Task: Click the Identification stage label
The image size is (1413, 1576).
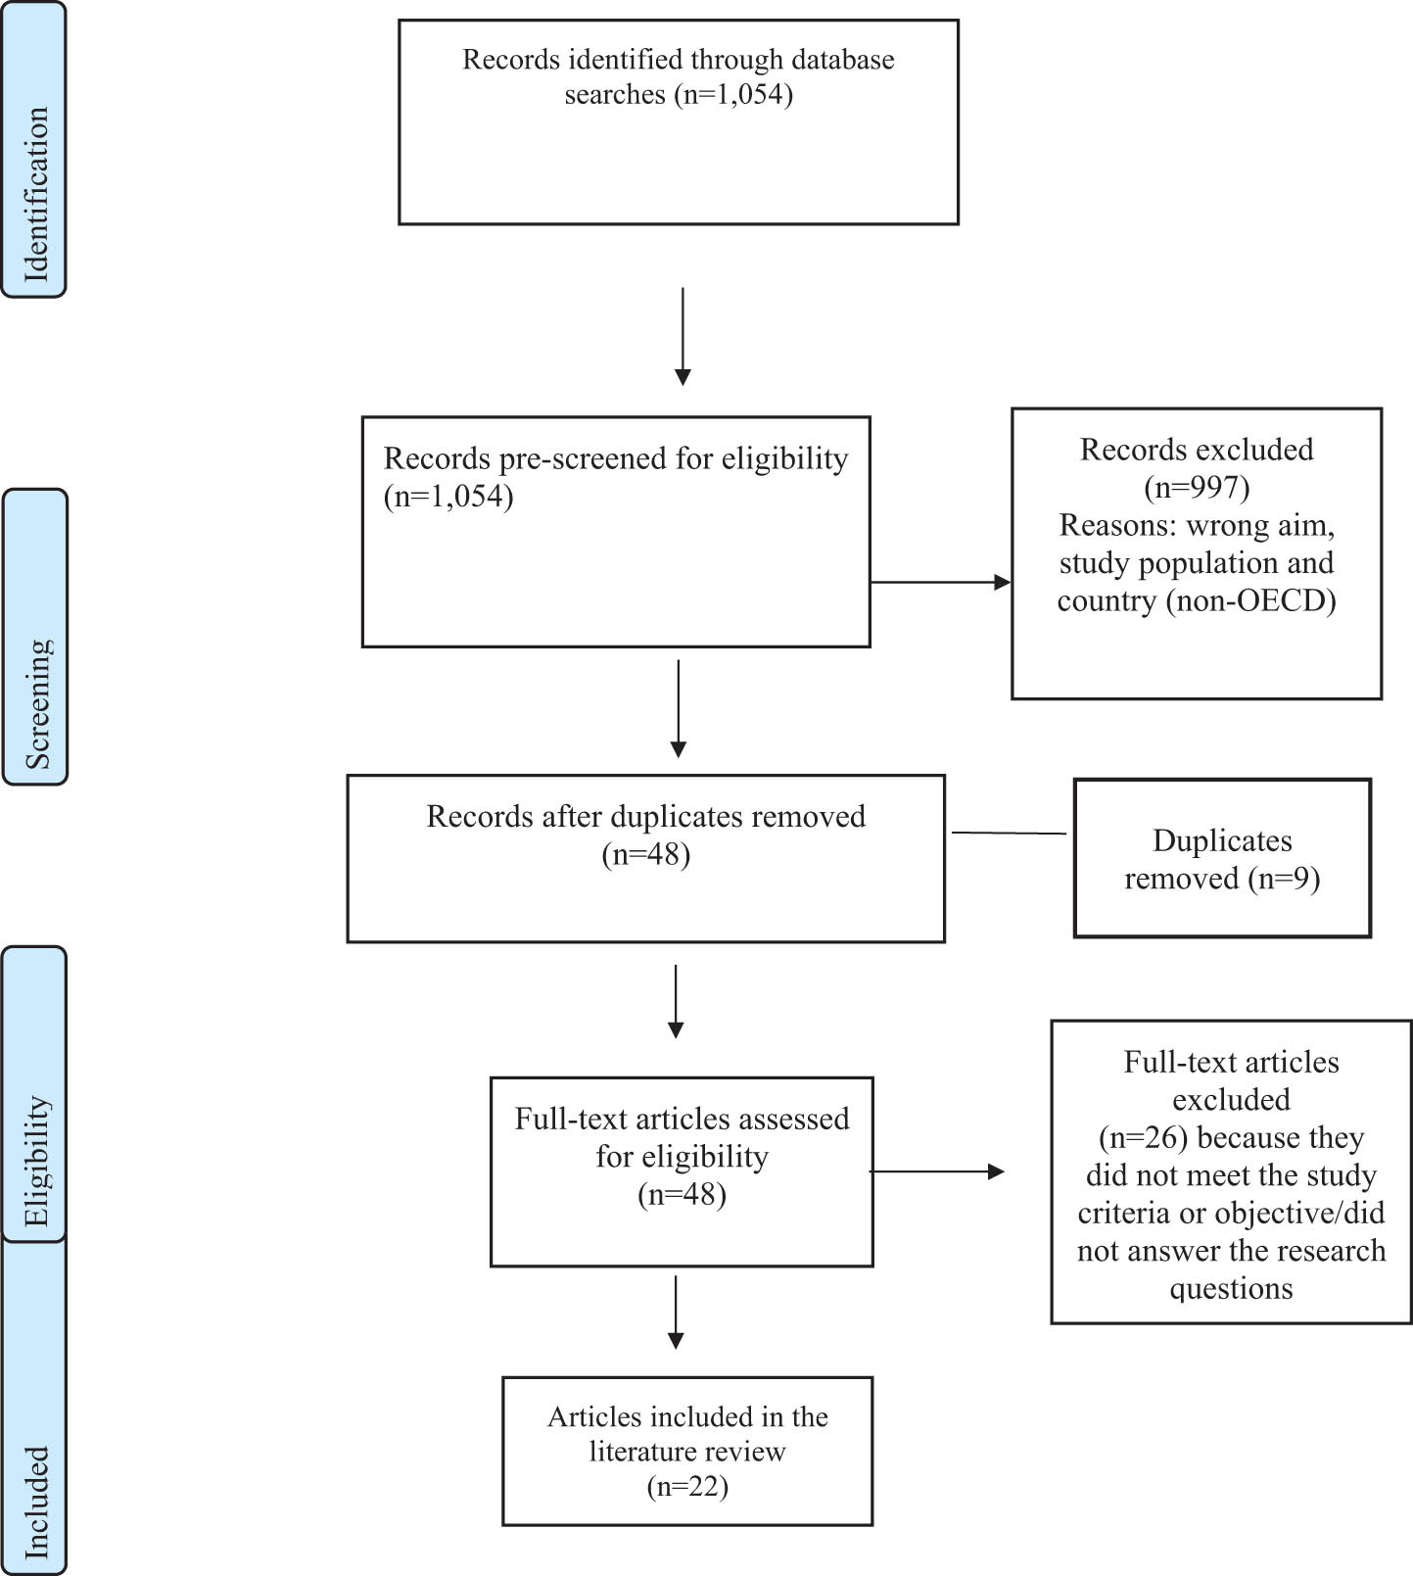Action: coord(33,150)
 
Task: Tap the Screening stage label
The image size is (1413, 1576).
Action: coord(35,637)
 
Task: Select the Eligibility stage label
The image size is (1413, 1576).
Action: coord(34,1093)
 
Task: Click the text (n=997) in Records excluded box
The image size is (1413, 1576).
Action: coord(1197,487)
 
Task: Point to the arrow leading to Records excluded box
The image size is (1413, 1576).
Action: coord(940,582)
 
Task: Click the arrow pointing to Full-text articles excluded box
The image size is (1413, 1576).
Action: coord(936,1171)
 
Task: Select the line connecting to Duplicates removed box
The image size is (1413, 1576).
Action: coord(1009,833)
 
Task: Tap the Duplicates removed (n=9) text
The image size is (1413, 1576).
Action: coord(1222,859)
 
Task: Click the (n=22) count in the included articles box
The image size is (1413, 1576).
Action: coord(687,1486)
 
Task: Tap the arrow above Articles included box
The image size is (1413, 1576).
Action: coord(676,1312)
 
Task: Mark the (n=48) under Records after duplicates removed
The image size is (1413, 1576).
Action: coord(646,854)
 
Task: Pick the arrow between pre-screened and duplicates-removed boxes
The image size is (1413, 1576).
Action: coord(678,708)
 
